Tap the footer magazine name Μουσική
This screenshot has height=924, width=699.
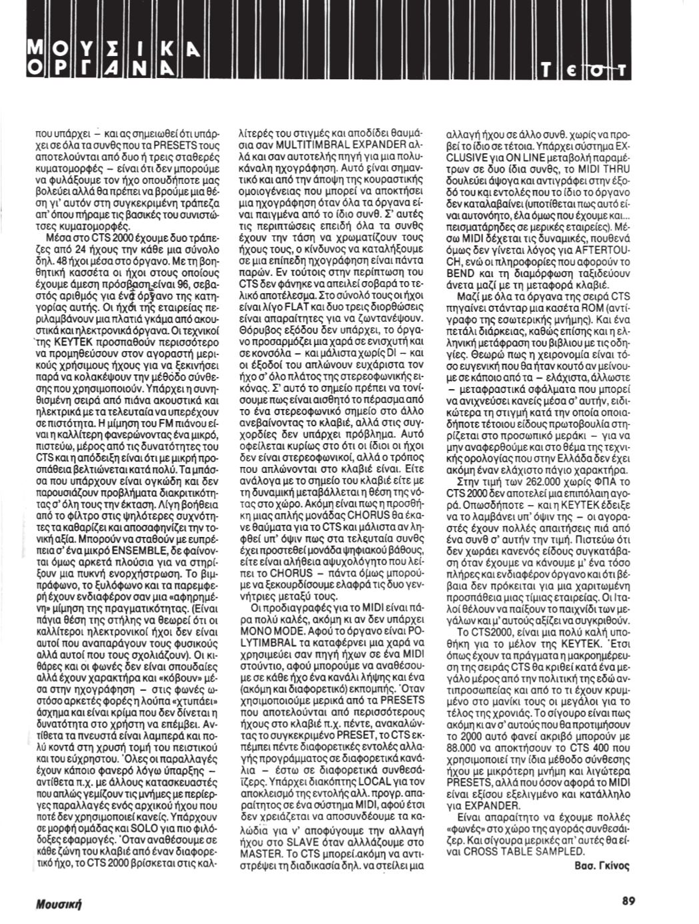coord(63,903)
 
